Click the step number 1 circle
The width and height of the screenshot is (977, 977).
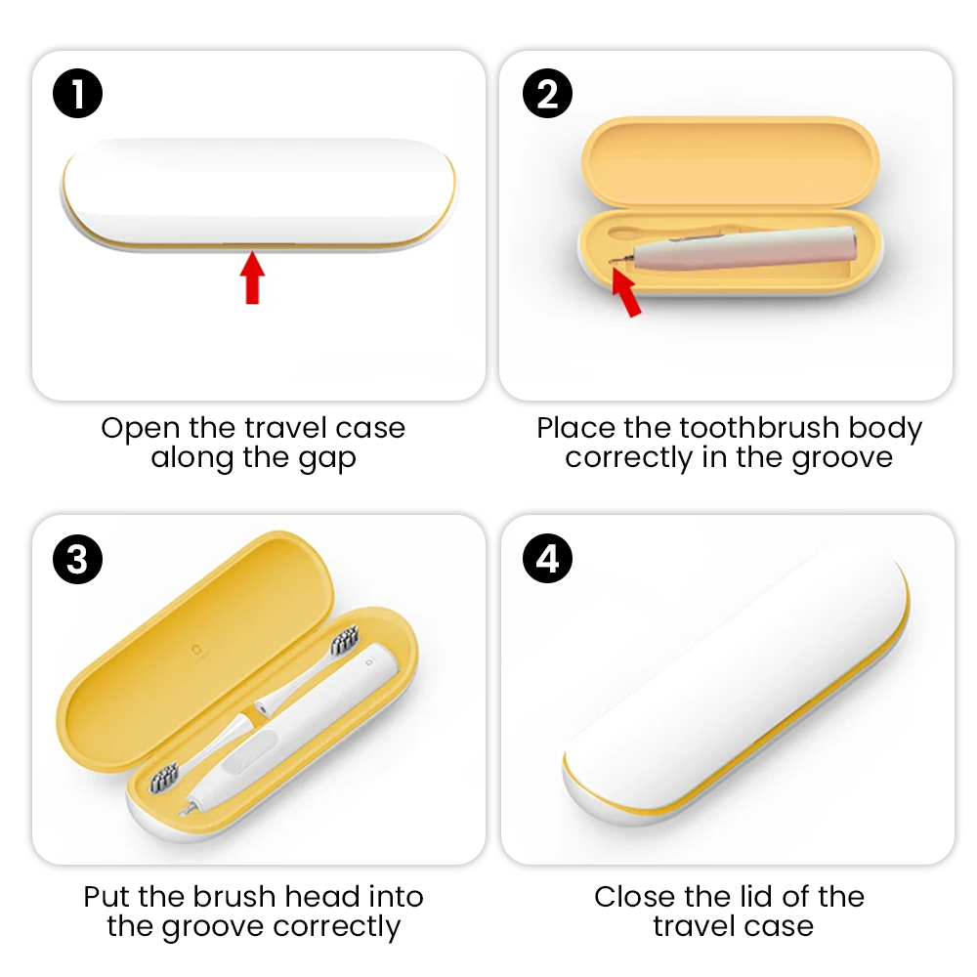77,94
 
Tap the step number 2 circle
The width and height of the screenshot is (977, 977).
547,94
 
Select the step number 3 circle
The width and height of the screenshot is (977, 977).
77,559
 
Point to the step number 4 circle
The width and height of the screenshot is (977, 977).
547,559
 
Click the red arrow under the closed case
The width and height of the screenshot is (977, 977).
252,277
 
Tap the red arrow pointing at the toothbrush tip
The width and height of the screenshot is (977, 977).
625,291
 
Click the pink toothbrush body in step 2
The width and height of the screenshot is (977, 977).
744,249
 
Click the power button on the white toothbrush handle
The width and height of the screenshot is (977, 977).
249,752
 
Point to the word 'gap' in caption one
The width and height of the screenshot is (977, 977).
327,459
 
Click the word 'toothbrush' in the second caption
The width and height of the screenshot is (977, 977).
759,428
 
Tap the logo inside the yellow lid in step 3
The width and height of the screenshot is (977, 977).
198,651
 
